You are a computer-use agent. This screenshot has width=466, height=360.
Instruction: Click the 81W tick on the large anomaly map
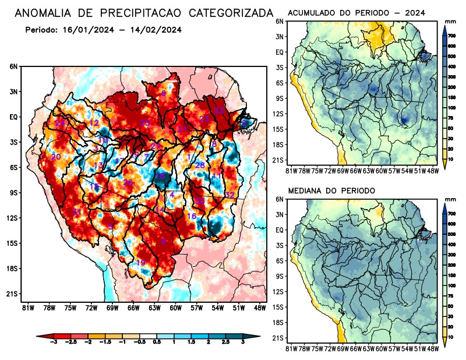(x=27, y=307)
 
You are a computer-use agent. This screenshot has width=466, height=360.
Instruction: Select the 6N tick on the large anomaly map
(x=13, y=67)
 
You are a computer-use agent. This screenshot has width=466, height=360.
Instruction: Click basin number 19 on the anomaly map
(x=140, y=263)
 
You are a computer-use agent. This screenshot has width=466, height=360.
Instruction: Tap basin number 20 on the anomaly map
(x=56, y=157)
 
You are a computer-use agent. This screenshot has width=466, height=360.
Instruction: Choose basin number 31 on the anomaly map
(x=76, y=212)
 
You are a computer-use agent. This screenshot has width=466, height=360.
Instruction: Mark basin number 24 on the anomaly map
(x=60, y=123)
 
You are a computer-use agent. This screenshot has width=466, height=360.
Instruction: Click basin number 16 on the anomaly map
(x=191, y=217)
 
